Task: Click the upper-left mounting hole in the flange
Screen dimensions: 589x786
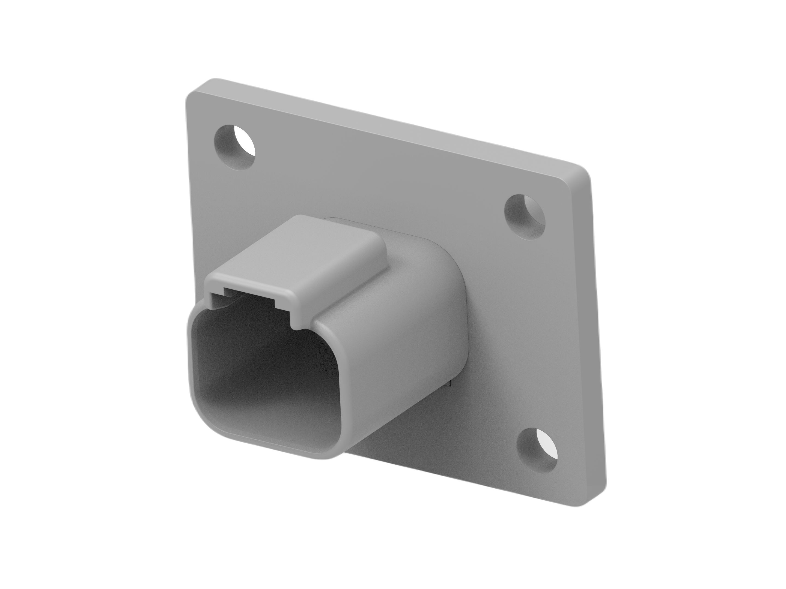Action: pos(236,147)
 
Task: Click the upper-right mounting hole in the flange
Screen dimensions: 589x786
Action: pos(525,217)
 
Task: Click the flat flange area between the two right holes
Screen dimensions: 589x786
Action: pos(533,334)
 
